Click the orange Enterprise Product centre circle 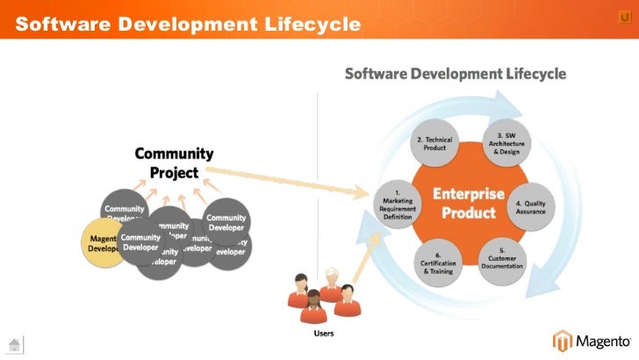pyautogui.click(x=473, y=202)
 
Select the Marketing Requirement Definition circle pyautogui.click(x=397, y=204)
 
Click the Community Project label pyautogui.click(x=174, y=163)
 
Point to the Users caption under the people pyautogui.click(x=324, y=334)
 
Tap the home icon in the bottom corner pyautogui.click(x=14, y=343)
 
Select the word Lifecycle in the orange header pyautogui.click(x=311, y=24)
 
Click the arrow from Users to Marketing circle pyautogui.click(x=364, y=255)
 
